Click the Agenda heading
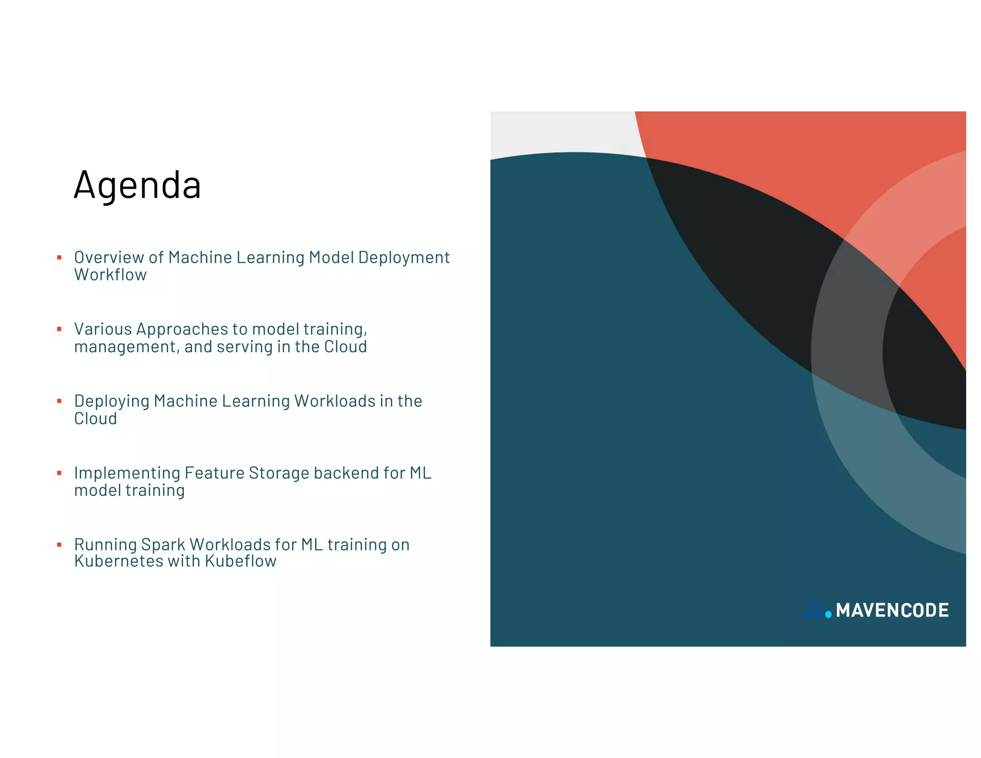click(x=137, y=185)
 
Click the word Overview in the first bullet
click(x=109, y=258)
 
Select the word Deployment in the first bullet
click(x=404, y=258)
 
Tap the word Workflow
click(x=110, y=275)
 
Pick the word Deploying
click(x=112, y=402)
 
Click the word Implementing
click(x=127, y=473)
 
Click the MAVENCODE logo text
click(x=892, y=610)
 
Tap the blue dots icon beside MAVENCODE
click(x=817, y=610)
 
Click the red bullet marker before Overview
click(x=59, y=258)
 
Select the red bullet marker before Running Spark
click(x=59, y=545)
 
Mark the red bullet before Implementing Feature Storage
click(x=59, y=473)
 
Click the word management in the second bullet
click(x=126, y=347)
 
